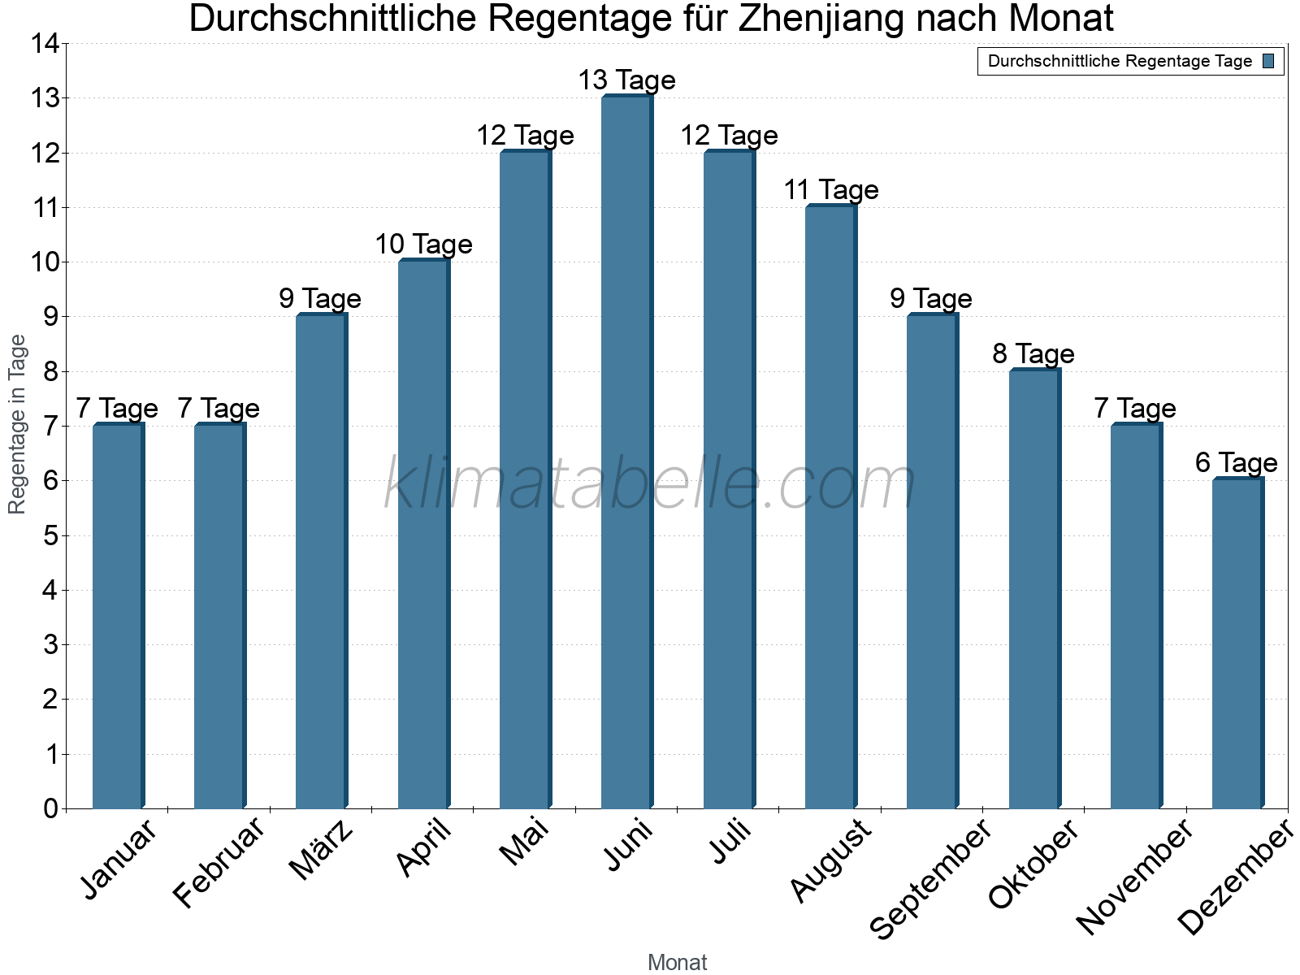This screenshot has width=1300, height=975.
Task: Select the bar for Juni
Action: click(x=626, y=452)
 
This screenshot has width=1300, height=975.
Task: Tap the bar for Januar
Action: click(x=118, y=616)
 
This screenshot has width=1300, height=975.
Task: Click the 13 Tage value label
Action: click(x=626, y=80)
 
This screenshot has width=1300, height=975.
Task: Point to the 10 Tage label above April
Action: click(x=423, y=245)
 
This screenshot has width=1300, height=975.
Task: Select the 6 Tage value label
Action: click(x=1236, y=463)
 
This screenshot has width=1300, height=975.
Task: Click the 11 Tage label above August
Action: click(x=830, y=190)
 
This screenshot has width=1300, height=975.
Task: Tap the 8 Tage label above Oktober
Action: click(x=1033, y=354)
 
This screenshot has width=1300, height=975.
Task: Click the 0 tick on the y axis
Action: click(x=50, y=808)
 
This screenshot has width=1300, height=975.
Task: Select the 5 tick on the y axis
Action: click(x=50, y=535)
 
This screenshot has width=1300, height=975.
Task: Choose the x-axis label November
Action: click(x=1135, y=877)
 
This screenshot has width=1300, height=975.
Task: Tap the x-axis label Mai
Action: click(x=525, y=843)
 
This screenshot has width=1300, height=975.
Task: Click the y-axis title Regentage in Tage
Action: click(x=18, y=424)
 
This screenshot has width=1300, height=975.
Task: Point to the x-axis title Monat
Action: click(x=677, y=962)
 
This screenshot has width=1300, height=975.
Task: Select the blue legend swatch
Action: click(x=1268, y=61)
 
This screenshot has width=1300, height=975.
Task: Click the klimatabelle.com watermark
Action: click(x=650, y=484)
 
